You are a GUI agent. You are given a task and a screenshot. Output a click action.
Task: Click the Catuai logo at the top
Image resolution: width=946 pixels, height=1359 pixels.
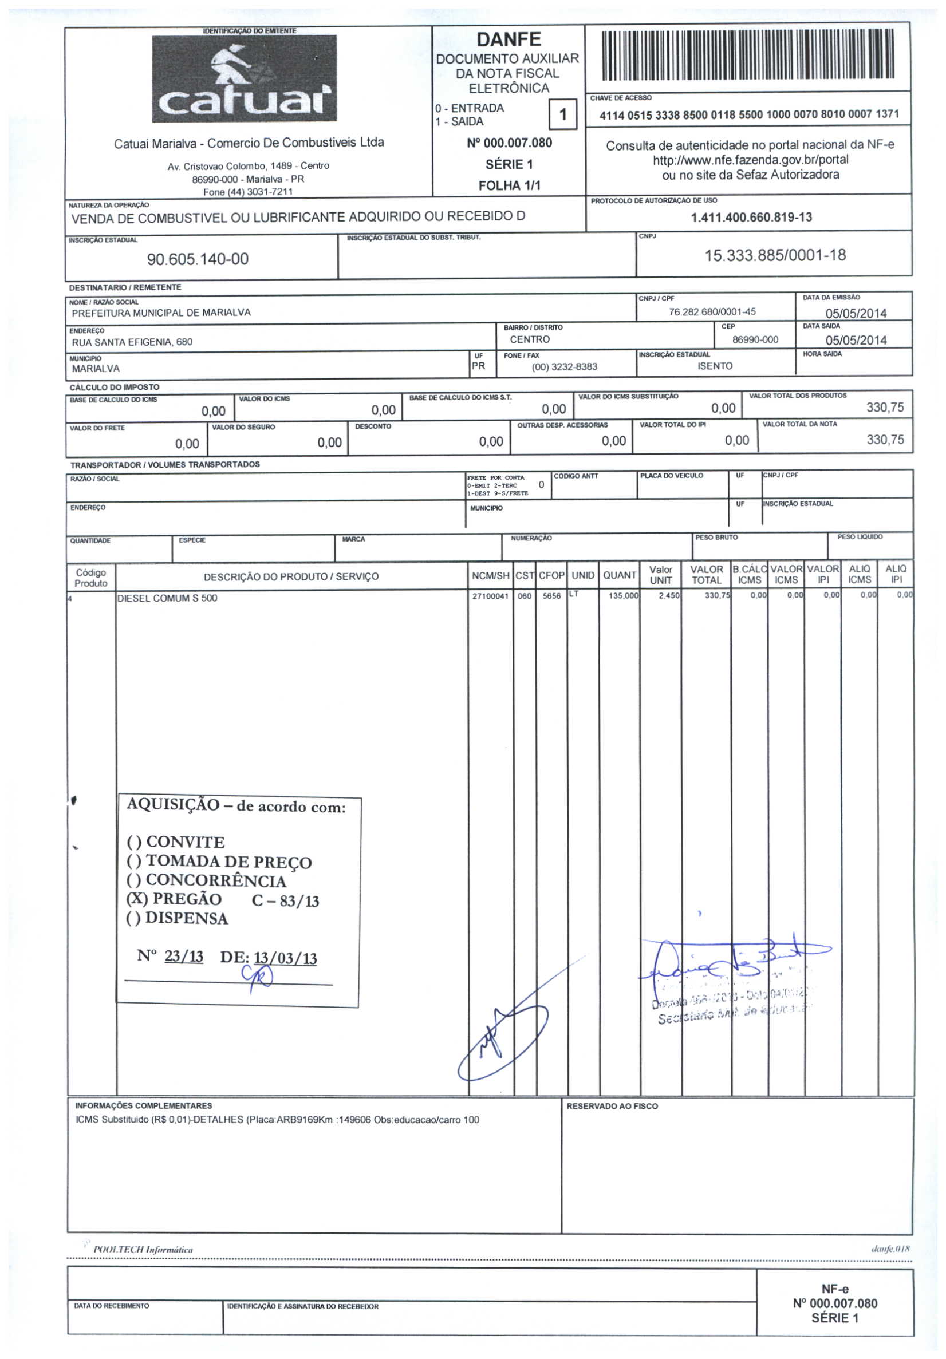[244, 79]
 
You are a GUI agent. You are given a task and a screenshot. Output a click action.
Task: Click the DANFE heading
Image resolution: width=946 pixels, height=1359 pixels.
[509, 39]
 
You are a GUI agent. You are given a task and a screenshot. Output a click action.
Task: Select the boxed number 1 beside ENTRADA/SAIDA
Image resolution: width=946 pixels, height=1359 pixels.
[563, 114]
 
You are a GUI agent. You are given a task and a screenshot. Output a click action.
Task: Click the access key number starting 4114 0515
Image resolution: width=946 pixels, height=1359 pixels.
[749, 114]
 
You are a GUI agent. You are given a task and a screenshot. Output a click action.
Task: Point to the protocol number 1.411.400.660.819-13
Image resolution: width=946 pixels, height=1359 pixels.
[751, 217]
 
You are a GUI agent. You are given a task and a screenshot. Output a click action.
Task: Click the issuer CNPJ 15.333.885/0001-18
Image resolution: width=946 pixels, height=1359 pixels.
[774, 256]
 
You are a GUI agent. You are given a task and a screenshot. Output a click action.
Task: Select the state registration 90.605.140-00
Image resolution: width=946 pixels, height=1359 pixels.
[198, 259]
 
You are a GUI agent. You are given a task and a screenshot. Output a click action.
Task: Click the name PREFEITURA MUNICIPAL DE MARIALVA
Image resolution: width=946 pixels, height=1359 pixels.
[161, 313]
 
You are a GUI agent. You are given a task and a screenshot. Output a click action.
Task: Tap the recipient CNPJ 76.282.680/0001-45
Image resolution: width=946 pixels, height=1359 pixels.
[712, 312]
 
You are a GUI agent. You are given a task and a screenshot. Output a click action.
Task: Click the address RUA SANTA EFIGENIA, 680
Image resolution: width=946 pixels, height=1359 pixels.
[132, 342]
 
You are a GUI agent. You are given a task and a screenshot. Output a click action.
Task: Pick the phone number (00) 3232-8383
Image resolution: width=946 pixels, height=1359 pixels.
[564, 367]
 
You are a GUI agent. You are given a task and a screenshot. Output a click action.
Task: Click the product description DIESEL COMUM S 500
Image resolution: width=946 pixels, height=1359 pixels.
[167, 598]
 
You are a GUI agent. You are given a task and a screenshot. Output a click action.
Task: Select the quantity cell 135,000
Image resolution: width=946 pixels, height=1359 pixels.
[623, 596]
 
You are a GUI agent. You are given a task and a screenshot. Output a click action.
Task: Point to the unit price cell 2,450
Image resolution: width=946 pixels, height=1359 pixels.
[669, 596]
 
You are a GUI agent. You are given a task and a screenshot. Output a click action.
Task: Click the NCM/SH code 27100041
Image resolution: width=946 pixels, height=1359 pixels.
[490, 596]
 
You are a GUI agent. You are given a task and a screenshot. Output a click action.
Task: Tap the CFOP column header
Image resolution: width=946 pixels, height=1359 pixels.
[551, 575]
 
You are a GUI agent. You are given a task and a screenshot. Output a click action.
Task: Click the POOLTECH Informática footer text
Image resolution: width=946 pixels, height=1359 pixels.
[143, 1250]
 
